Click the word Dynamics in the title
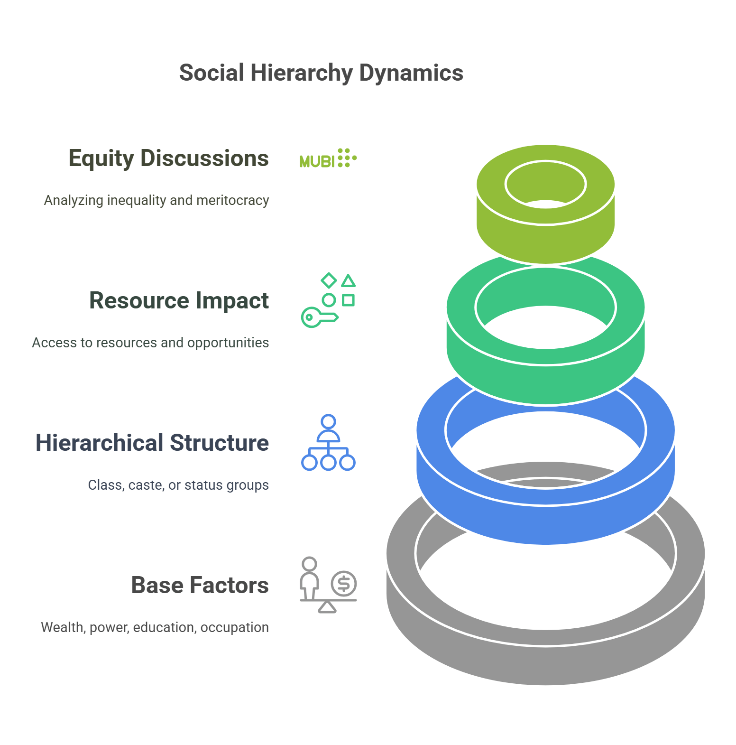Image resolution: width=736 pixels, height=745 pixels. point(411,73)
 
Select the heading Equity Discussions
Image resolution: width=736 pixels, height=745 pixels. point(168,158)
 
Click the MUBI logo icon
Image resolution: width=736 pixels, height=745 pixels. point(328,158)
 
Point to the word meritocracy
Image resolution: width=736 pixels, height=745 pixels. point(232,200)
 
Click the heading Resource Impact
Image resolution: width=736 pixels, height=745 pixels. point(179,300)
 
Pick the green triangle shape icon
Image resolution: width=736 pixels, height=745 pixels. point(349,281)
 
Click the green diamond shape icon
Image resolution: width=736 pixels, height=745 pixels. point(329,280)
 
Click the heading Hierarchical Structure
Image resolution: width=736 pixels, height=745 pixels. point(152,443)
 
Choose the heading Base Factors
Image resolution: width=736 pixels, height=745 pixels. point(200,585)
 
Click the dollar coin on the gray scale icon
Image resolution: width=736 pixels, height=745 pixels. point(344,584)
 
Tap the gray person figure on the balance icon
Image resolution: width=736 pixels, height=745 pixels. point(310,577)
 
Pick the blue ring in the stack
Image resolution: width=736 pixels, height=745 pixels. point(545,522)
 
